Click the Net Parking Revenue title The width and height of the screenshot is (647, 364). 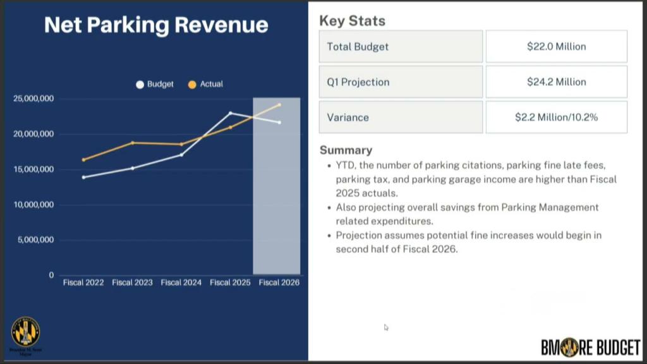[x=156, y=25]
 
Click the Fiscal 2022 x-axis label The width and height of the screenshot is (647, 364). [x=83, y=282]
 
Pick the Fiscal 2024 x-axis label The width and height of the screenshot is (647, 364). [x=181, y=282]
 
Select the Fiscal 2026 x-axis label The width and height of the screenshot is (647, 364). [x=279, y=282]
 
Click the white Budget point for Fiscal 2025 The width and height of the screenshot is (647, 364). [x=230, y=113]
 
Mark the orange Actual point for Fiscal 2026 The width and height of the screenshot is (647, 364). [x=279, y=105]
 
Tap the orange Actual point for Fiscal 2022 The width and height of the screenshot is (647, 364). [x=83, y=160]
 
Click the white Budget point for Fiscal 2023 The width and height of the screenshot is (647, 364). [x=133, y=168]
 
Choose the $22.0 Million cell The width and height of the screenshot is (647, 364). [x=556, y=47]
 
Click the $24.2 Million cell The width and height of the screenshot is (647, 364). [x=556, y=82]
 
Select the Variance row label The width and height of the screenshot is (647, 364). [x=348, y=118]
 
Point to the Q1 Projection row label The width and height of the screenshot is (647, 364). [x=358, y=82]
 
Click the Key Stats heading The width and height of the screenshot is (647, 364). [x=352, y=21]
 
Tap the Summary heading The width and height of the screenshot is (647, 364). [x=346, y=150]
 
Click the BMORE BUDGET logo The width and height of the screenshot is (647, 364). [x=590, y=347]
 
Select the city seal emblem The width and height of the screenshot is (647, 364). [x=25, y=332]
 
